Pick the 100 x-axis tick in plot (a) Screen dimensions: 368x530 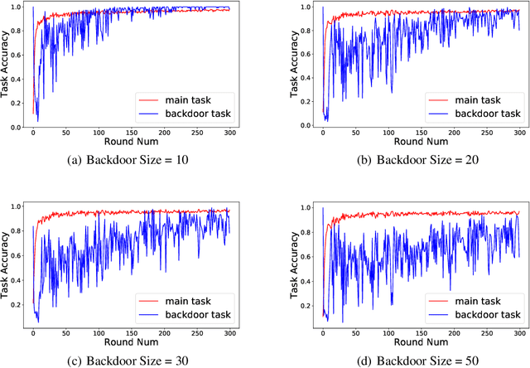(x=99, y=133)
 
